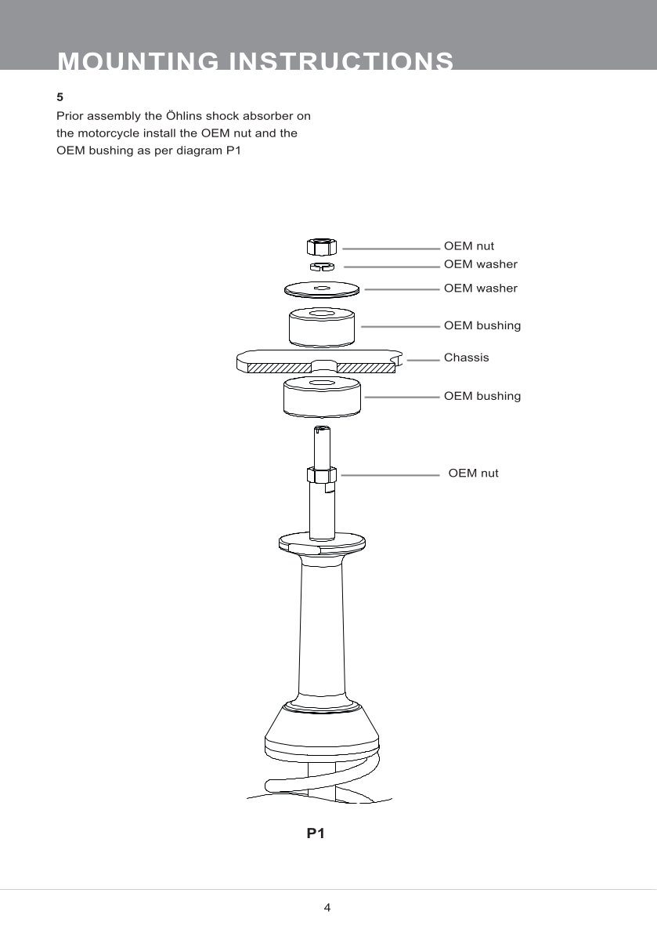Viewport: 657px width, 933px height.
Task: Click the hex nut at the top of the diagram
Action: point(322,245)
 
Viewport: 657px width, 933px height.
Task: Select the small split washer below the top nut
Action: point(322,266)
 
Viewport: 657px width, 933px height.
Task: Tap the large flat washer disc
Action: point(322,289)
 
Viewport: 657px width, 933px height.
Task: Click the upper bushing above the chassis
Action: point(322,327)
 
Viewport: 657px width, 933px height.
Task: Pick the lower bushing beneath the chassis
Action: point(322,397)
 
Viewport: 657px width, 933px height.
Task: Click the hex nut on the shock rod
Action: point(322,475)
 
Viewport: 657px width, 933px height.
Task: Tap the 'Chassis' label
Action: point(466,358)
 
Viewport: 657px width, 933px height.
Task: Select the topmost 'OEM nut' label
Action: point(469,245)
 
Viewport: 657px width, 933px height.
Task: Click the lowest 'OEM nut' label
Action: point(474,473)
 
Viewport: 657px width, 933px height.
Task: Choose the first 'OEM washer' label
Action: point(481,264)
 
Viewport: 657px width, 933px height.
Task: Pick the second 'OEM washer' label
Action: point(481,288)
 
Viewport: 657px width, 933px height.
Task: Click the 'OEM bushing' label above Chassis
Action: point(482,325)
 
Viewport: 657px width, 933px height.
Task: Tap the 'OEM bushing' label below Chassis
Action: point(482,396)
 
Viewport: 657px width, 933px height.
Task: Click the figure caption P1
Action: point(316,833)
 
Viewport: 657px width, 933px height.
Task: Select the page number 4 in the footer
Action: point(327,907)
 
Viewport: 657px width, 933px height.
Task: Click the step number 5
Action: point(60,97)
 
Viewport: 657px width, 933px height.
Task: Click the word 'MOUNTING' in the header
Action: point(139,61)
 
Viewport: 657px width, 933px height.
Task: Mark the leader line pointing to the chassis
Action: point(423,360)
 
